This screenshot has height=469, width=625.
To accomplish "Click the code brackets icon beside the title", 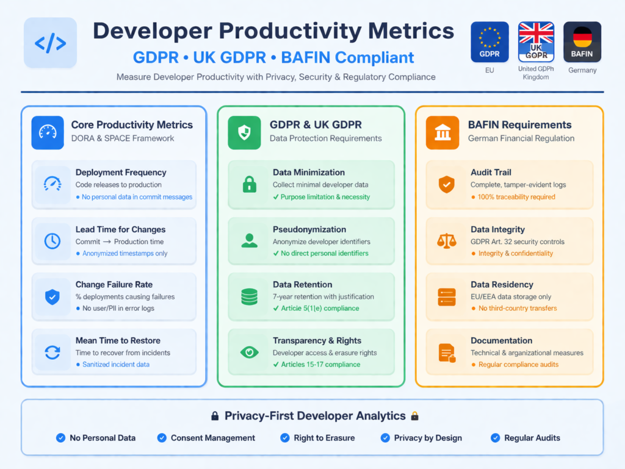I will pos(50,43).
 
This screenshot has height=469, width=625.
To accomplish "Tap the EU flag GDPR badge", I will pos(490,42).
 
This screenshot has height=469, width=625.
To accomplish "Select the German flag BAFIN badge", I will pos(582,42).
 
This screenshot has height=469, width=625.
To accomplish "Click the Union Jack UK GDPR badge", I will pos(535,42).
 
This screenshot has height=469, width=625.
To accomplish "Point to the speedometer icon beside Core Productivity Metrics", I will pos(48,132).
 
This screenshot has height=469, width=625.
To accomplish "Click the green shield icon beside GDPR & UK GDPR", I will pos(244,132).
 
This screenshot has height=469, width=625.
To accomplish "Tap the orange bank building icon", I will pos(442,132).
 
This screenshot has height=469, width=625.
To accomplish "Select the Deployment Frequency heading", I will pos(121,173).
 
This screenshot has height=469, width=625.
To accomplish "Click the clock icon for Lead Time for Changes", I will pos(52,241).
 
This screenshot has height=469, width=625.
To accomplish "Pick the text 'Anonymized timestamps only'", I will pos(125,253).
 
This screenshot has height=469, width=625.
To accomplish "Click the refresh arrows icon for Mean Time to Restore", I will pos(52,352).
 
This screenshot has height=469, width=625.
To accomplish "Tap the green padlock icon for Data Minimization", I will pos(250,184).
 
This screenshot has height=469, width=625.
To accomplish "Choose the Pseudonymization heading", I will pos(309,229).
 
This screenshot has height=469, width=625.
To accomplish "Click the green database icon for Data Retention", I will pos(250,296).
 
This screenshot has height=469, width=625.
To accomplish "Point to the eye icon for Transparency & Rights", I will pos(250,352).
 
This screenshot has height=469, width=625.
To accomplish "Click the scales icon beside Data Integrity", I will pos(447,241).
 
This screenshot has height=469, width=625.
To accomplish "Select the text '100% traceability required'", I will pos(516,197).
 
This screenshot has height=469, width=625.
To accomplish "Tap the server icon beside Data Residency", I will pos(447,296).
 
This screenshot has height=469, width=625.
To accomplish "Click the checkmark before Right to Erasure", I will pos(285,438).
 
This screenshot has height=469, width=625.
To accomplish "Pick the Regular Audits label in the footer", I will pos(532,438).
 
